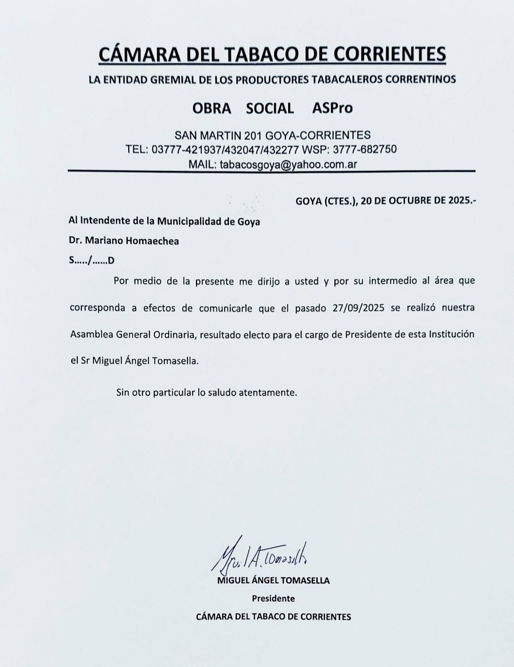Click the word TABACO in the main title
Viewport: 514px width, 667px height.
258,54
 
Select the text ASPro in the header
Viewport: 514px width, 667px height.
332,108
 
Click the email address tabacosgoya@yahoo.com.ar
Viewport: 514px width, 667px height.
288,164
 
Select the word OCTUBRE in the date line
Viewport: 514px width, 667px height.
403,200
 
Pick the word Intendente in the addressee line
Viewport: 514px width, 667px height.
105,221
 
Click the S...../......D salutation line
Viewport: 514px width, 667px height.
92,260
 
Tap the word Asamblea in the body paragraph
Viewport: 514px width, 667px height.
92,335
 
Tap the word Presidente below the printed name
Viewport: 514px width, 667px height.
273,598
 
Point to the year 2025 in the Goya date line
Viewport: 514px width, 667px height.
459,200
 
